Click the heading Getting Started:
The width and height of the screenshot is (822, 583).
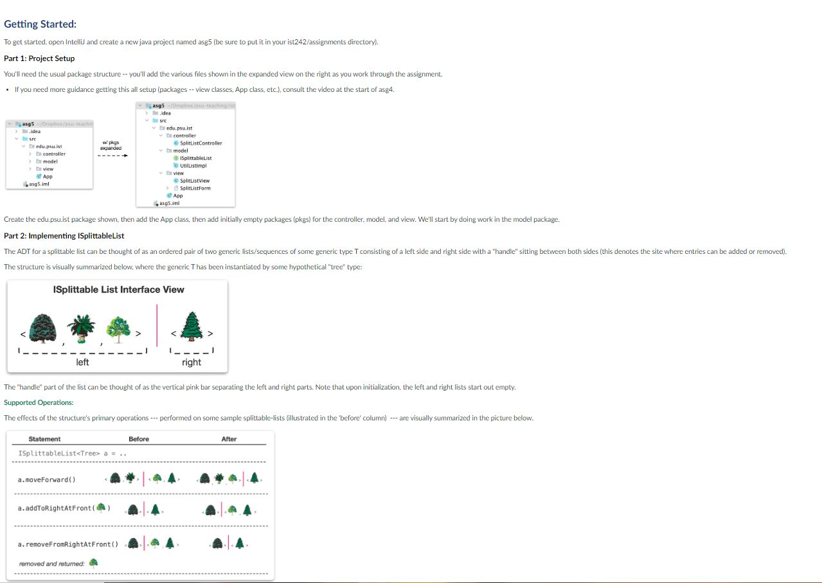click(x=40, y=24)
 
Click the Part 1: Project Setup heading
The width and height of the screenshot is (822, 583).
click(x=39, y=58)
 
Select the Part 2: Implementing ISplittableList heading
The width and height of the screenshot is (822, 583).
click(x=64, y=236)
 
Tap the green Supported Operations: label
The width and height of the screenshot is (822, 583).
click(x=39, y=402)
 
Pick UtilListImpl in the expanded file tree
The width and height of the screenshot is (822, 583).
click(x=192, y=165)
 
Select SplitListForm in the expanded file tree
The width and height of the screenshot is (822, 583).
click(x=195, y=188)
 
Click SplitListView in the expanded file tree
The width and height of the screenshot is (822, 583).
click(x=194, y=181)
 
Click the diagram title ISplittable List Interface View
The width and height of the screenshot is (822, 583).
click(x=119, y=290)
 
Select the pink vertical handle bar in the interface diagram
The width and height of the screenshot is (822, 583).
click(x=157, y=326)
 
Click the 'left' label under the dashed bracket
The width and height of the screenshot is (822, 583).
click(x=82, y=363)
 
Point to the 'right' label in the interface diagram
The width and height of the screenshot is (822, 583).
click(x=192, y=363)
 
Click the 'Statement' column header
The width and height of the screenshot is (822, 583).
click(x=44, y=439)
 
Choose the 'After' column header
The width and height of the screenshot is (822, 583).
click(x=229, y=439)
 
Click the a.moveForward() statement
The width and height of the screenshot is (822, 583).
click(x=46, y=480)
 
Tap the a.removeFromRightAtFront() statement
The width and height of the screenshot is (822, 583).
click(x=68, y=544)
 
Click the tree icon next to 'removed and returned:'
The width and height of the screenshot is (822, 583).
click(x=94, y=563)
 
